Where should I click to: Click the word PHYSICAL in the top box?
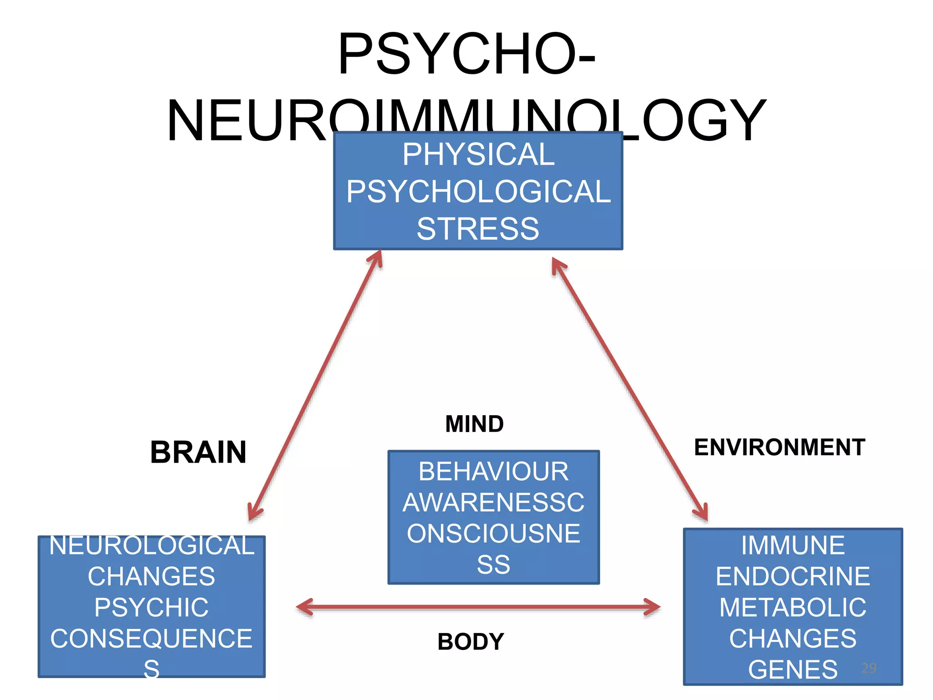click(x=478, y=154)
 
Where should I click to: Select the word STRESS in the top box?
click(x=478, y=229)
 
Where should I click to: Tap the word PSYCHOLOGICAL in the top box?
click(x=478, y=191)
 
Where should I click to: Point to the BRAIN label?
click(x=198, y=452)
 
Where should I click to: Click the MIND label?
click(x=474, y=424)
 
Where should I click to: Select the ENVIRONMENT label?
click(x=779, y=447)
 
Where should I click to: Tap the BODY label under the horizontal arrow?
click(x=471, y=642)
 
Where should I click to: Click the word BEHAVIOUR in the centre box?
click(x=493, y=471)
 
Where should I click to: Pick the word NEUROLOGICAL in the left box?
click(x=152, y=546)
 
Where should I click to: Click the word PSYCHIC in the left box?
click(x=152, y=607)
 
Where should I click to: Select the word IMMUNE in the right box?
click(x=793, y=546)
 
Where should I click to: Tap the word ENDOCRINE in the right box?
click(x=793, y=576)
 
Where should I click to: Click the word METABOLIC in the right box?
click(x=793, y=607)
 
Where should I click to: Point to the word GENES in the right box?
click(x=793, y=669)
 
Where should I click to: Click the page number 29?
click(x=869, y=668)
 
